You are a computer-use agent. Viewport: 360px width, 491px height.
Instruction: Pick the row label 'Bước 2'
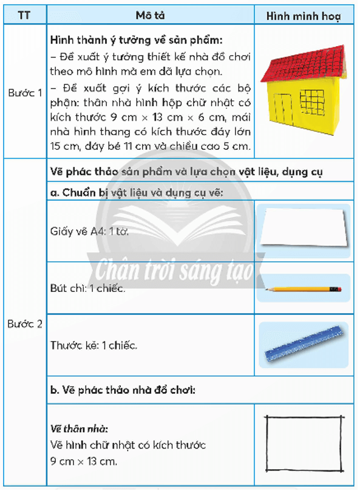24,324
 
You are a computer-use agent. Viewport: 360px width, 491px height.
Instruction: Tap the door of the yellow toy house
284,109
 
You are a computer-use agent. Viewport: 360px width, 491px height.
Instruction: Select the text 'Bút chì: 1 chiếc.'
88,288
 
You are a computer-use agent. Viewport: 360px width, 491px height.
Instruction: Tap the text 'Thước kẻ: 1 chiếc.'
94,345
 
